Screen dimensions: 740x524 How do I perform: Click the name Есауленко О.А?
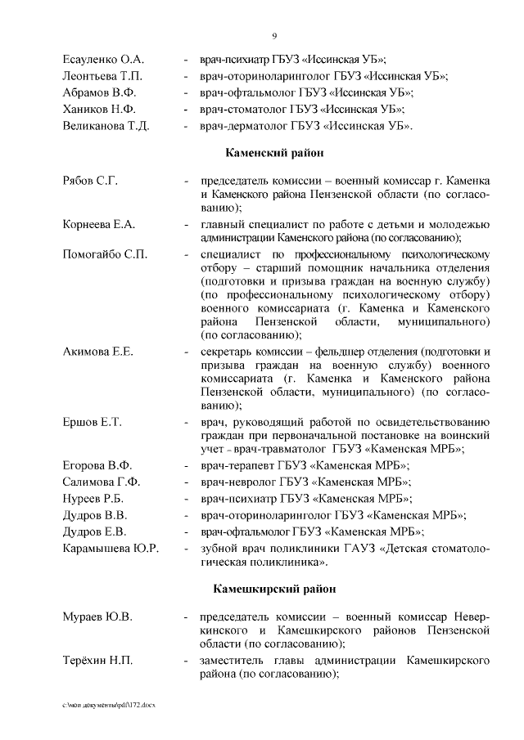click(103, 60)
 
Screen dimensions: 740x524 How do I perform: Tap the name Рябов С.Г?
click(90, 180)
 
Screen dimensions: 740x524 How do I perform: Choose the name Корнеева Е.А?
click(99, 224)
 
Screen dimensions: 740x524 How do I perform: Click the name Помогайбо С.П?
click(105, 254)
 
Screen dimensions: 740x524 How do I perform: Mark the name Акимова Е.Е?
click(97, 352)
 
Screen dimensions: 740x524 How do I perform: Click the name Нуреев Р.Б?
click(94, 498)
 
